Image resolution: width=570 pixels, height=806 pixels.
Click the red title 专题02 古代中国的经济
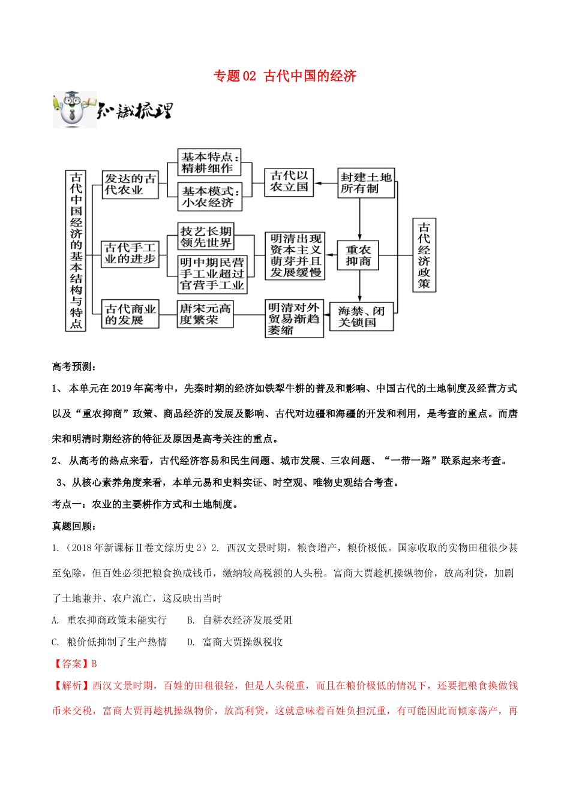click(285, 76)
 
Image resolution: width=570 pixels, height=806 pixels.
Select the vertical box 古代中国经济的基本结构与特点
click(76, 250)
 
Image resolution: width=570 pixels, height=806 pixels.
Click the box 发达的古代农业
click(130, 184)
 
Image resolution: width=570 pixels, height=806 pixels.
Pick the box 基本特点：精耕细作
click(209, 163)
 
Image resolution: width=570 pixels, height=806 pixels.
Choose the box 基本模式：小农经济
click(209, 197)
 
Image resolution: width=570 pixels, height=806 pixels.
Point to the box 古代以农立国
click(289, 182)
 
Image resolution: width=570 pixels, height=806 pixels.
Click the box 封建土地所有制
click(365, 183)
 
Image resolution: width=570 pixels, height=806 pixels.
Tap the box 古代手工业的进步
click(130, 253)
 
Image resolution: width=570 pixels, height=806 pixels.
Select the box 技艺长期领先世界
click(206, 237)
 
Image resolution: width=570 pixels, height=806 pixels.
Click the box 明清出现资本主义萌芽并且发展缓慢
click(295, 255)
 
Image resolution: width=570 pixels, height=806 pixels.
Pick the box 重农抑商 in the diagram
click(358, 255)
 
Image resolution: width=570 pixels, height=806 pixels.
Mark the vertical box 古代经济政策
click(424, 255)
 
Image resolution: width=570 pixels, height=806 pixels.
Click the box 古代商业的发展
click(130, 314)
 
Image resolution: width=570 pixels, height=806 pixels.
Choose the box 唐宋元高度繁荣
click(205, 314)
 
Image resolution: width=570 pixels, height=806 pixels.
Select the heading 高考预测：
click(74, 367)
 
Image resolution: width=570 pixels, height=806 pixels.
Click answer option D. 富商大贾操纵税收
click(235, 642)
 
